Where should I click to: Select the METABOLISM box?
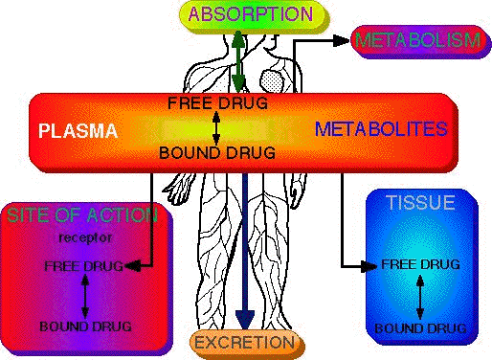point(416,41)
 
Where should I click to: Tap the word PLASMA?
point(78,128)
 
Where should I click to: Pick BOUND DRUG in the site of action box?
point(85,326)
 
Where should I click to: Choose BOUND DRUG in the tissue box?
point(420,328)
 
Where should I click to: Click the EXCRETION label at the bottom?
point(244,341)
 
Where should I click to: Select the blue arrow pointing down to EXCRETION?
point(245,249)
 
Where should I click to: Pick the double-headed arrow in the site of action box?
point(85,296)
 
